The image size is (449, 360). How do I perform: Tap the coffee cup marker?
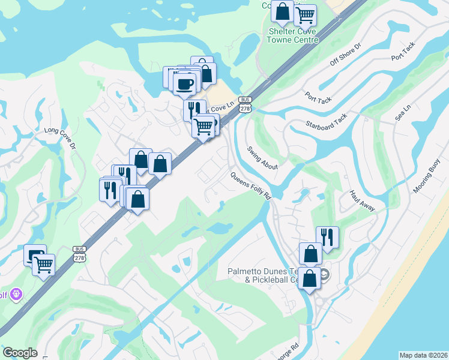coord(184,83)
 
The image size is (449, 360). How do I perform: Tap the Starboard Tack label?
coord(327,121)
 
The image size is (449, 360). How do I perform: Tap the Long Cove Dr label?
coord(61,137)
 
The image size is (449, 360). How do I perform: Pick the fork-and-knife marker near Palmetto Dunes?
coord(327,236)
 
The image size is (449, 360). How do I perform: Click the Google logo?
coord(20,353)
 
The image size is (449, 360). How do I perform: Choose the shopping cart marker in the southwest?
coord(43,264)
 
